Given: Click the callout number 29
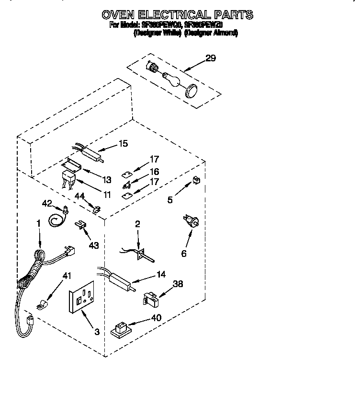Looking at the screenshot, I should [x=211, y=58].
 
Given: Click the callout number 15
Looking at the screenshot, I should [x=124, y=143].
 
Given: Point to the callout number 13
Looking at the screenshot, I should [x=107, y=180].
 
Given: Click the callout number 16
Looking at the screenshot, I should [x=154, y=172].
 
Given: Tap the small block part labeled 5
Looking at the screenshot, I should [x=195, y=180].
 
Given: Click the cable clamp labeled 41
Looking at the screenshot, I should [x=43, y=304].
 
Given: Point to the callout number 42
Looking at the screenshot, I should [x=47, y=203].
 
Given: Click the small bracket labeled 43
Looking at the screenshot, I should [x=80, y=224].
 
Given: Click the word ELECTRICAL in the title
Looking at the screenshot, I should [x=176, y=15].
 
